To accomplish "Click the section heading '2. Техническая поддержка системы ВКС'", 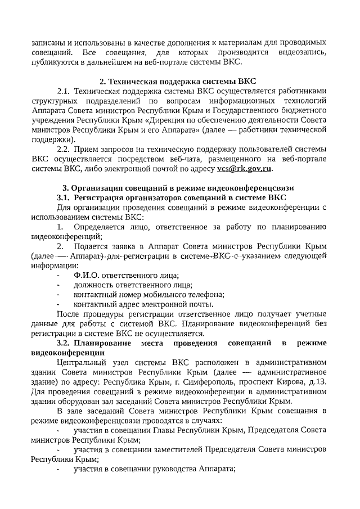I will click(x=179, y=80).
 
